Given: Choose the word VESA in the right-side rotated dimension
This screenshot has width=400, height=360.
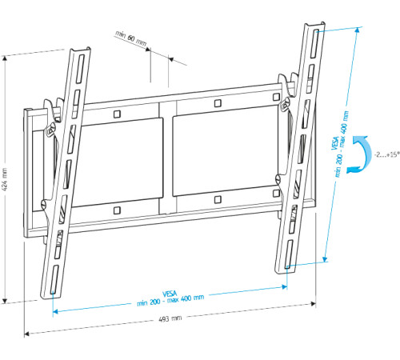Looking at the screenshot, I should tap(334, 143).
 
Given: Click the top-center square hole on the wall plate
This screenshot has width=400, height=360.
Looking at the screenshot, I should tap(218, 104).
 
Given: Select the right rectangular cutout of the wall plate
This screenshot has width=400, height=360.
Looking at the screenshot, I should tap(226, 157).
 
